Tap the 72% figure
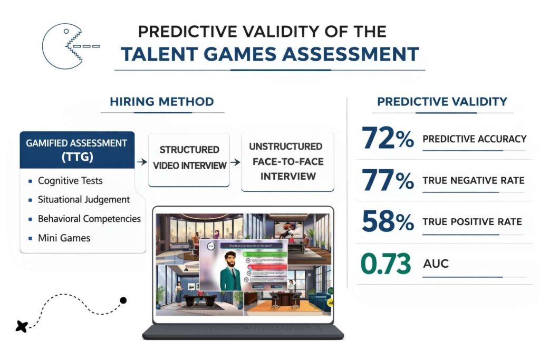click(388, 139)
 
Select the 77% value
click(388, 180)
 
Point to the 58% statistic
click(388, 222)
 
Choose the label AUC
click(436, 263)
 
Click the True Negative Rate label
click(474, 181)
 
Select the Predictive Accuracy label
click(475, 139)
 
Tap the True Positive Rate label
click(472, 222)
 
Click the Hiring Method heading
click(162, 102)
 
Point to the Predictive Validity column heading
click(442, 102)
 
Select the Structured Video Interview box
click(189, 158)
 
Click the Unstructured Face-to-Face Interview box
click(287, 161)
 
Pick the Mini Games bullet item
click(64, 238)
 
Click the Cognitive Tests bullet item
click(70, 181)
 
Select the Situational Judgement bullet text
click(84, 200)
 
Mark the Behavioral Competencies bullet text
click(89, 219)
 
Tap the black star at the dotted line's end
click(22, 326)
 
